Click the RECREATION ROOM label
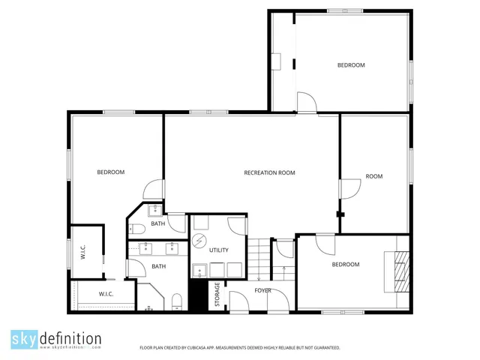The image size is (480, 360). [x=269, y=172]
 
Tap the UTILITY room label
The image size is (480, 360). [x=219, y=250]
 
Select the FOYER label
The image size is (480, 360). [x=262, y=289]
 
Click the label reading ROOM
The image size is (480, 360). [x=374, y=176]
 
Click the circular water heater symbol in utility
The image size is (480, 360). [x=200, y=241]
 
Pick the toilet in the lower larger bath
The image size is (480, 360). [x=177, y=301]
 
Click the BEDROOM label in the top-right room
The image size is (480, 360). [x=350, y=65]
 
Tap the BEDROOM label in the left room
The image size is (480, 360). [x=110, y=172]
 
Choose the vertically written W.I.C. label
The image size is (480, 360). [x=83, y=253]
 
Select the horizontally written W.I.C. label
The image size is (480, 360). [x=106, y=293]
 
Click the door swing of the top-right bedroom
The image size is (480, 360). [x=307, y=103]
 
